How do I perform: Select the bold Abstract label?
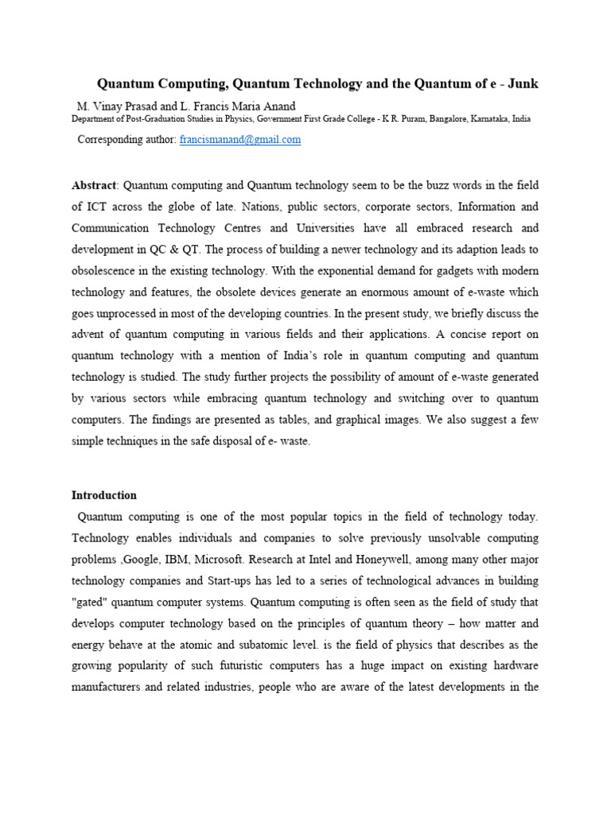tap(94, 185)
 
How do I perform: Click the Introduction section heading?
tap(104, 495)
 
